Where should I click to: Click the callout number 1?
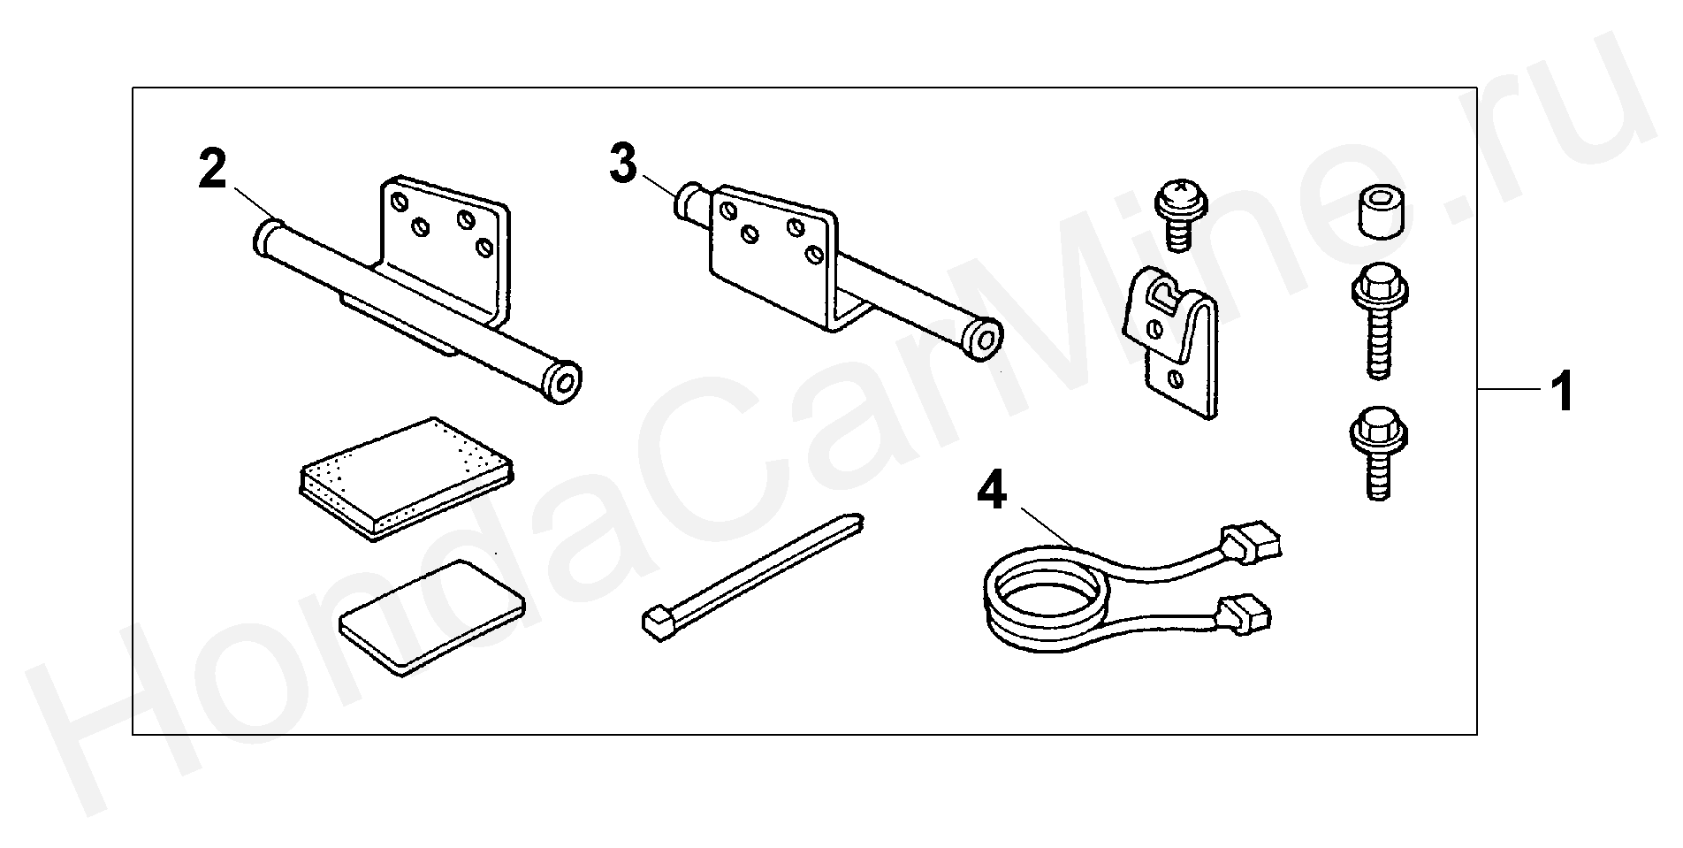point(1564,392)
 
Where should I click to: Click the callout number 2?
point(212,171)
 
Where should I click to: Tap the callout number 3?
point(623,164)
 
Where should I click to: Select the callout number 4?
point(991,491)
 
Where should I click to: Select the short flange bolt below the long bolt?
point(1379,451)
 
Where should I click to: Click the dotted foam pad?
point(404,476)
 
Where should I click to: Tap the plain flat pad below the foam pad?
point(431,616)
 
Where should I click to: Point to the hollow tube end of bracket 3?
point(981,339)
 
